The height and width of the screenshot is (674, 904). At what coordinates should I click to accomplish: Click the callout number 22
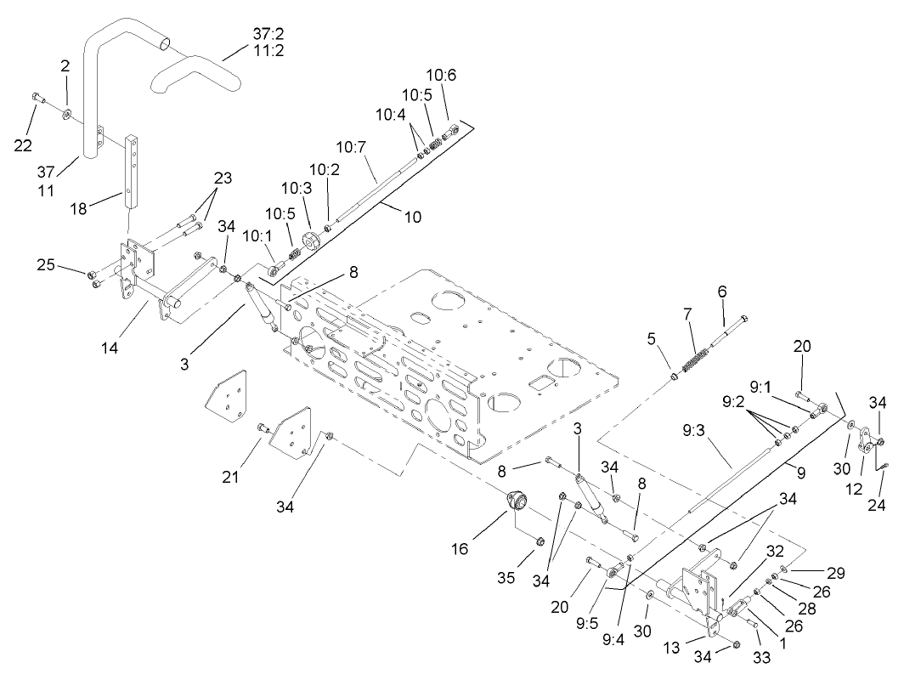[x=24, y=145]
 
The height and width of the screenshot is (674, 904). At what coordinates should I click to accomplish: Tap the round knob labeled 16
[x=516, y=501]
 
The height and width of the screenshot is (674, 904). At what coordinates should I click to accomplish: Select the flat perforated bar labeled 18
[x=133, y=170]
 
